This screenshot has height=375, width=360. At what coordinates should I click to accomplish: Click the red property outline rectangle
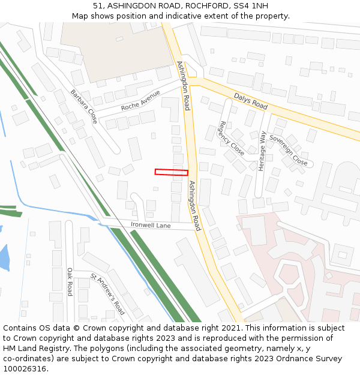point(172,172)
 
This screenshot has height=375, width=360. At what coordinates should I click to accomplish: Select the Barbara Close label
point(84,107)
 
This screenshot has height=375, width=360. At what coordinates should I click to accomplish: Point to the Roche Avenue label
point(140,101)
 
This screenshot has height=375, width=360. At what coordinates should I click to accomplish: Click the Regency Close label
point(231,138)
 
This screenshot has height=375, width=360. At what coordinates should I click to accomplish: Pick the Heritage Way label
point(262,151)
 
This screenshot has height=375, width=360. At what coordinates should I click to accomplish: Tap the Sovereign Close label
point(289,150)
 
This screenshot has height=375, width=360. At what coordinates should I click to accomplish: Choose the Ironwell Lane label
point(151,226)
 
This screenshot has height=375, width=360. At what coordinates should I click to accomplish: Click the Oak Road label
point(70,282)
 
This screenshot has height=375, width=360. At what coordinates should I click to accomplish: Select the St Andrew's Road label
point(108,294)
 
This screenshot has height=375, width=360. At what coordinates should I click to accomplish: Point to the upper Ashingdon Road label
point(184,86)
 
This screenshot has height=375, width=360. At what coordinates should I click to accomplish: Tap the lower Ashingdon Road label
point(194,206)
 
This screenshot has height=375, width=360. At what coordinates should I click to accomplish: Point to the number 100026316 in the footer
point(25,368)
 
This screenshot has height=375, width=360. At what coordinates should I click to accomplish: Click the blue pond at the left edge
point(4,257)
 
